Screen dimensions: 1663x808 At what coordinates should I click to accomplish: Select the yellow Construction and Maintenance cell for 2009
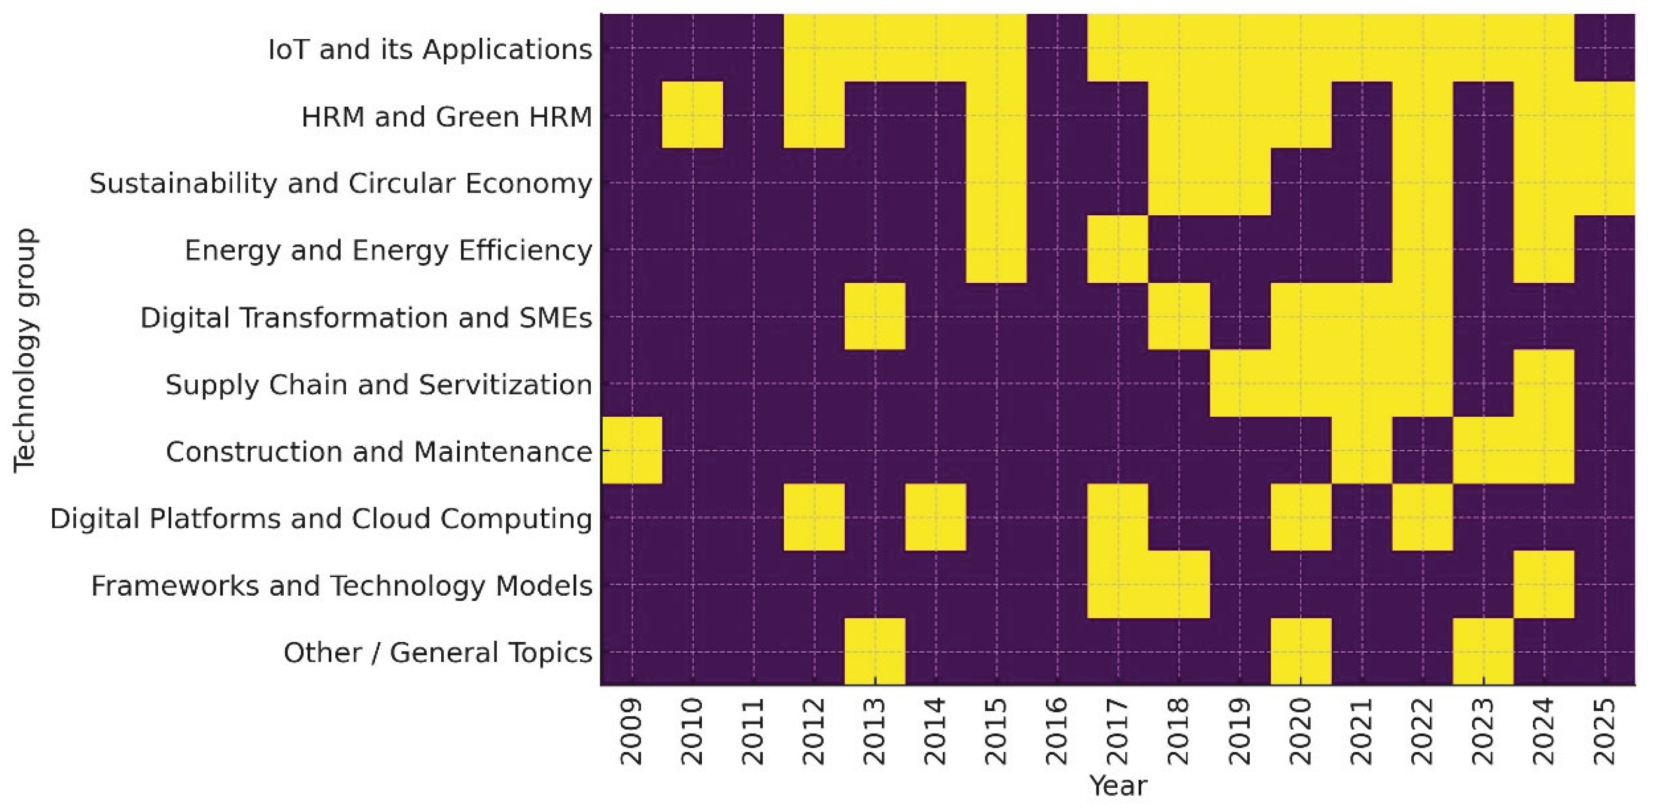[x=632, y=450]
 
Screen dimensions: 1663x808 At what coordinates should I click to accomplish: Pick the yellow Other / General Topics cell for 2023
[x=1483, y=652]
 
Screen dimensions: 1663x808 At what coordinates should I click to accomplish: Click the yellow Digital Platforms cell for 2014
[x=935, y=517]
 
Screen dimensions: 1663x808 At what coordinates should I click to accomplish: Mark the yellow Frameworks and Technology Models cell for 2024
[x=1544, y=584]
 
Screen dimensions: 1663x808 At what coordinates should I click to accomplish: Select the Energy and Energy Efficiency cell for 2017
[x=1118, y=249]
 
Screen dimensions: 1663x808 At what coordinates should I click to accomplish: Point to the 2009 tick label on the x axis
[x=632, y=731]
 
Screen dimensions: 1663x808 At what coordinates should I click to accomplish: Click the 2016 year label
[x=1057, y=731]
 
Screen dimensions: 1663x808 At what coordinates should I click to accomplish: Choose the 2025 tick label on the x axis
[x=1604, y=731]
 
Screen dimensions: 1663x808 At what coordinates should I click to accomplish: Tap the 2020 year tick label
[x=1300, y=731]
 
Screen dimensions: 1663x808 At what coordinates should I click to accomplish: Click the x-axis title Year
[x=1118, y=786]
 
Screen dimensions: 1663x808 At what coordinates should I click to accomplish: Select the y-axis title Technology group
[x=26, y=350]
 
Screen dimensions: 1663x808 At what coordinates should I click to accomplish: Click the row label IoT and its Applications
[x=430, y=49]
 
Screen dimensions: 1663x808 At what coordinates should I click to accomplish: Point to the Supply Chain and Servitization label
[x=379, y=385]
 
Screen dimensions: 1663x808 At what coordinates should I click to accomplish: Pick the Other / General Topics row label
[x=438, y=653]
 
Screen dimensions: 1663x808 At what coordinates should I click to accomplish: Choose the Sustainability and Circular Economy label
[x=341, y=183]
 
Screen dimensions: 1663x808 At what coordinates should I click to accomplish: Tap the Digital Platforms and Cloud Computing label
[x=321, y=519]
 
